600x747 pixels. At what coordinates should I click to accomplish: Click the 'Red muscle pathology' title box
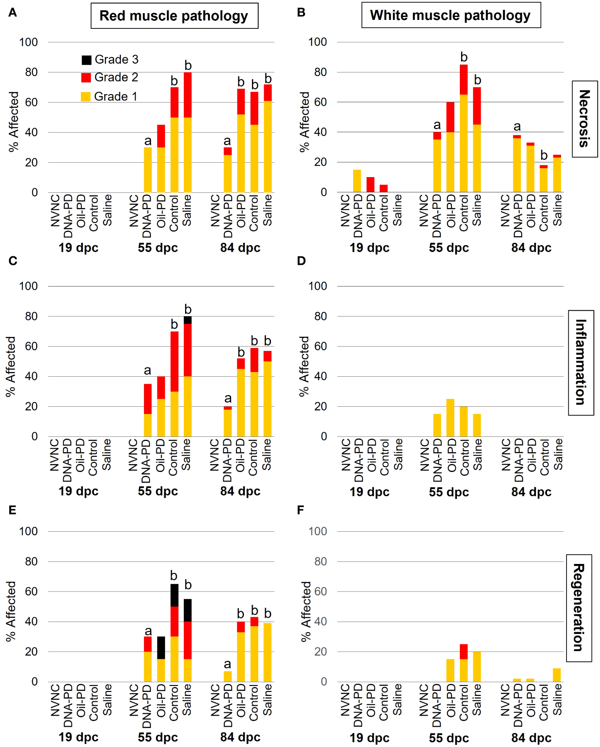point(174,16)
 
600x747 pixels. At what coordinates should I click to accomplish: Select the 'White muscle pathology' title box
point(451,15)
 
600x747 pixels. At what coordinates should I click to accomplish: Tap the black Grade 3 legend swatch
point(86,60)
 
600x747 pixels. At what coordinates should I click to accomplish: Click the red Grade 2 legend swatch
point(86,78)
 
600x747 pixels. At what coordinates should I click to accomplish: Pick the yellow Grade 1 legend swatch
point(86,97)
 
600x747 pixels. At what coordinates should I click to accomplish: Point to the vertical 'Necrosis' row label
point(584,119)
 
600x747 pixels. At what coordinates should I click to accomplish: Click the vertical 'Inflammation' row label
point(581,362)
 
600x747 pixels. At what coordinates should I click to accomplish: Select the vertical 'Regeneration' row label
point(578,608)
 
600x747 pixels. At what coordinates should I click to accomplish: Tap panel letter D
point(301,261)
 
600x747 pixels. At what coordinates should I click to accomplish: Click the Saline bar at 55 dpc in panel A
point(188,132)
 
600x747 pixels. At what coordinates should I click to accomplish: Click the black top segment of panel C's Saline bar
point(188,320)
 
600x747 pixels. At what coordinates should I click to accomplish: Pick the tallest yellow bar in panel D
point(450,417)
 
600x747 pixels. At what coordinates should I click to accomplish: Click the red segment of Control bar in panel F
point(464,651)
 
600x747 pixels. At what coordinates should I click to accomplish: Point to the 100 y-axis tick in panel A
point(28,42)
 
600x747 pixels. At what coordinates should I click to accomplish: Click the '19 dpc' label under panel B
point(369,248)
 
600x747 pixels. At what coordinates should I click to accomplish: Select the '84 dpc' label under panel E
point(240,737)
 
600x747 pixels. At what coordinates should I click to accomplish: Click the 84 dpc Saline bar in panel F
point(557,675)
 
